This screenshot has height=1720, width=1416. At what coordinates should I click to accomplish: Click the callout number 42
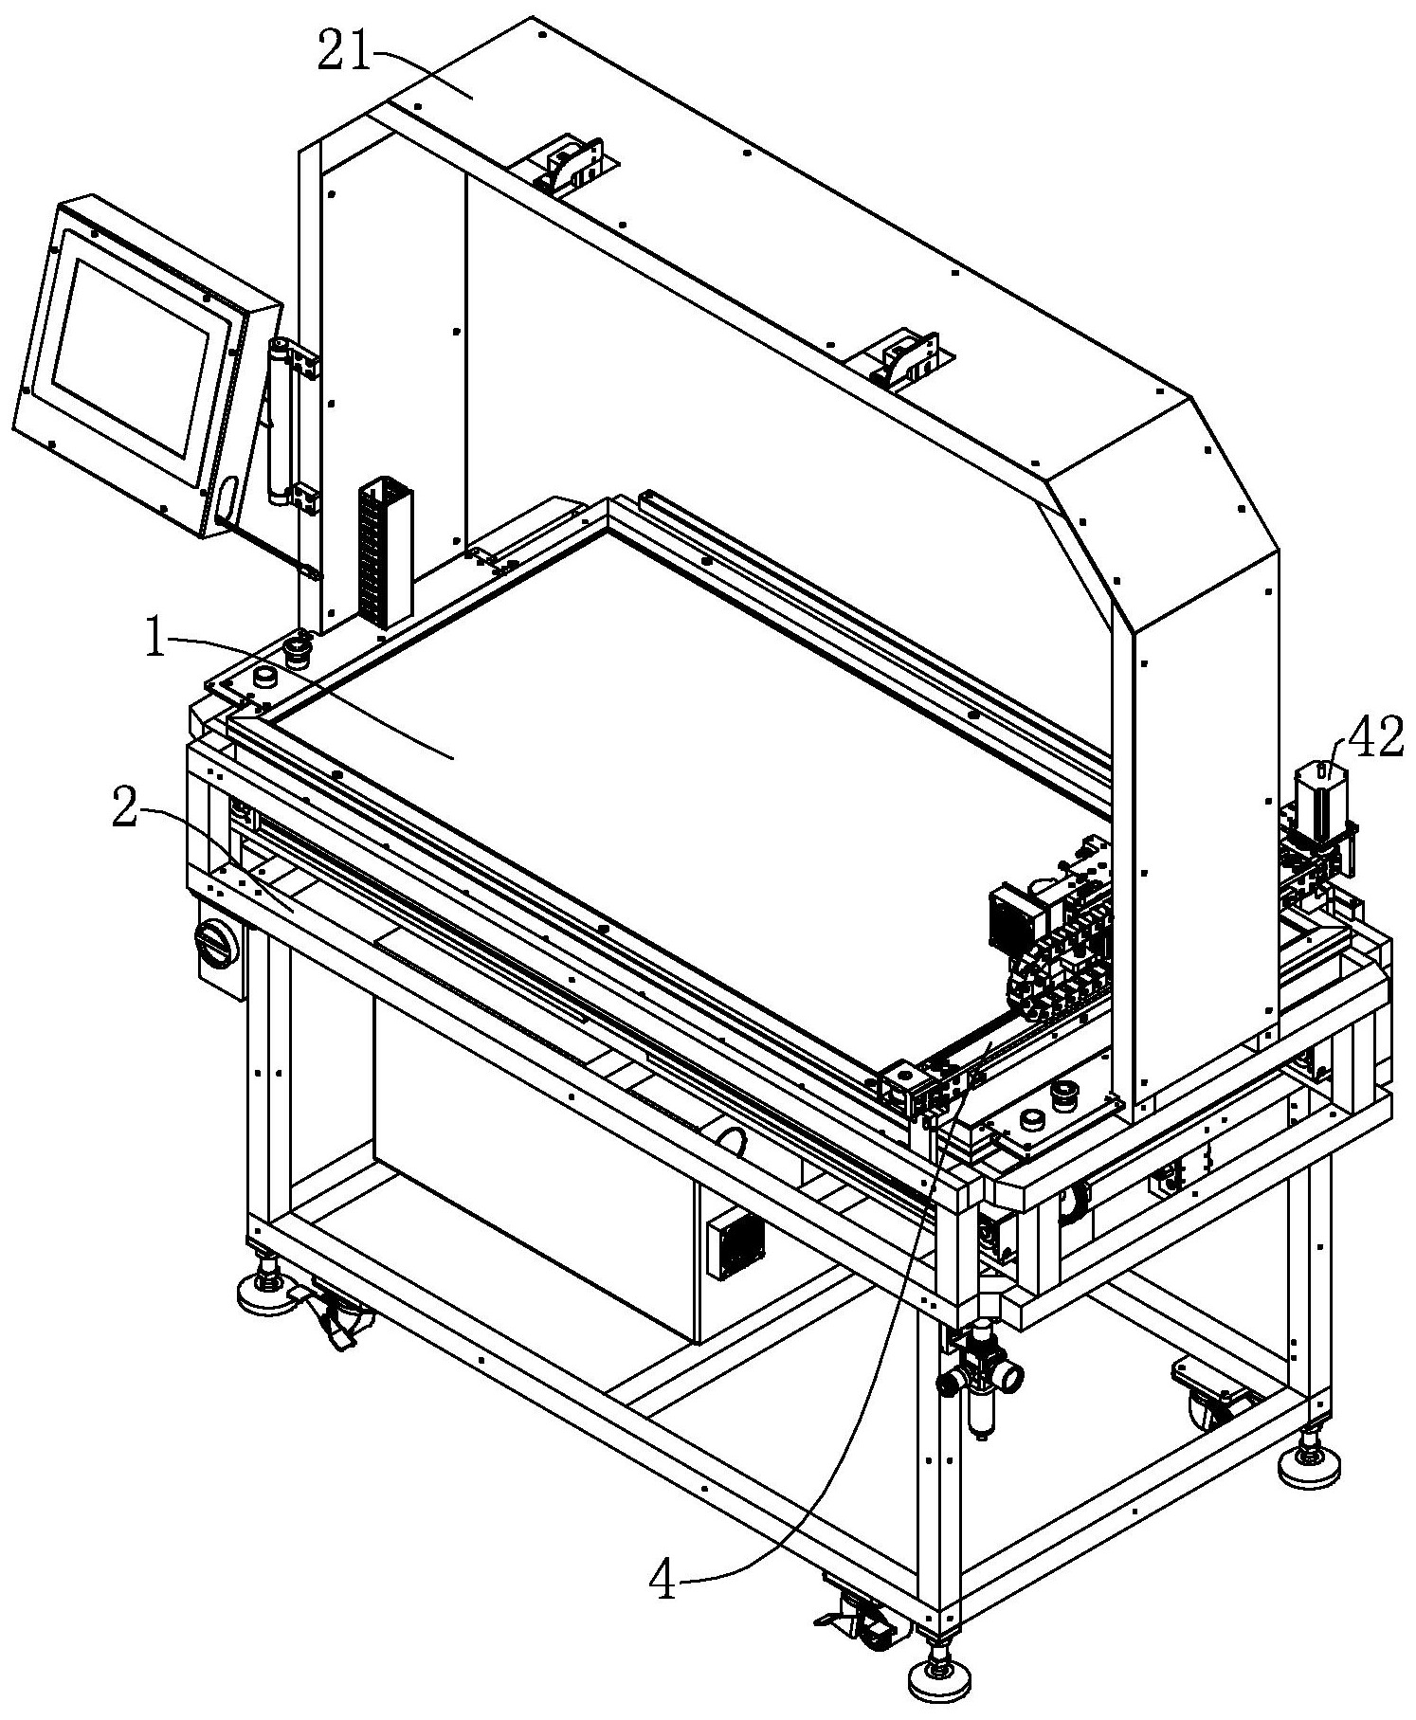click(1375, 740)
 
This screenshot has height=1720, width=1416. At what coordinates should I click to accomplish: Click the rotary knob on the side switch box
click(212, 941)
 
